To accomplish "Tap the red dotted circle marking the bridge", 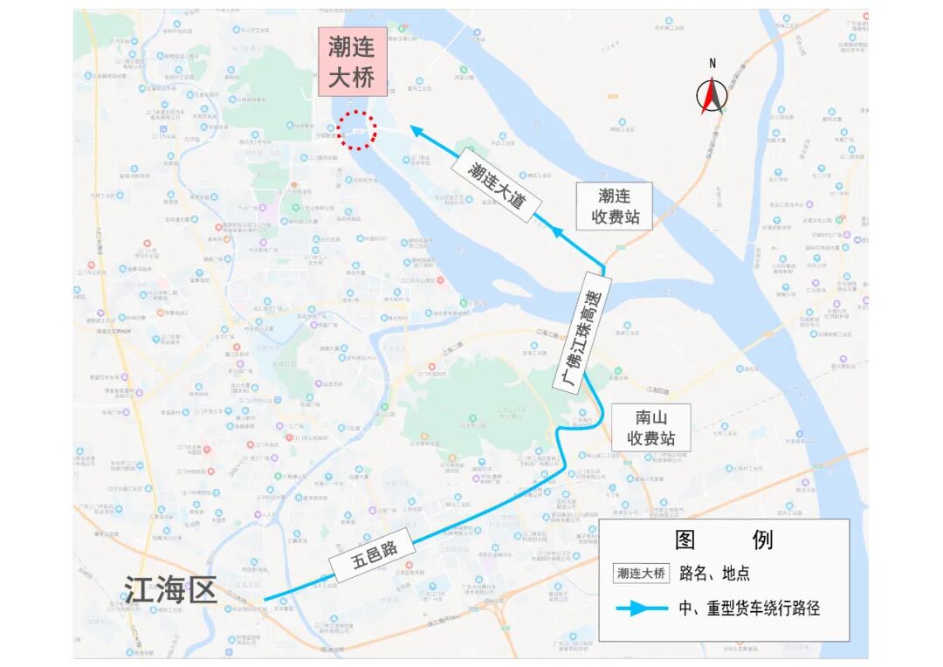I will [x=357, y=131].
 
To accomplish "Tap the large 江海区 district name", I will [x=170, y=590].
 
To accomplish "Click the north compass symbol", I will [x=712, y=95].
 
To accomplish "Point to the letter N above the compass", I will [x=712, y=63].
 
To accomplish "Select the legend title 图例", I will [x=724, y=540].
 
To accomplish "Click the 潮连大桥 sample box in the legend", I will [x=642, y=574].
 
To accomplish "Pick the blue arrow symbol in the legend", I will [x=641, y=609].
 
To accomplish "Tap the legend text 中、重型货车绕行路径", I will [x=749, y=609].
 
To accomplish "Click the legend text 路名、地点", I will [x=721, y=574].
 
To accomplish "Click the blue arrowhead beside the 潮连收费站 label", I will [x=556, y=230].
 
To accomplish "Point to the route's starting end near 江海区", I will [x=265, y=600].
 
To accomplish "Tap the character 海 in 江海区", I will [x=170, y=590].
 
